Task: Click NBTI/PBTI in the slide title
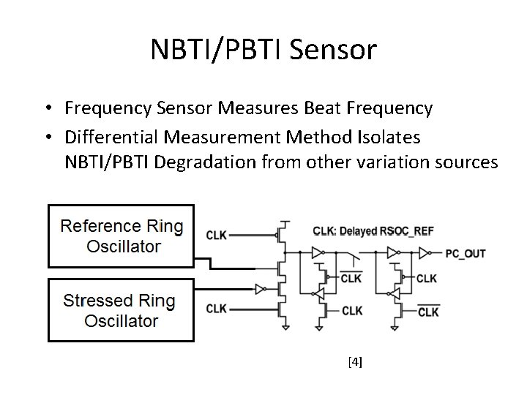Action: click(x=219, y=50)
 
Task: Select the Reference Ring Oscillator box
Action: click(x=121, y=236)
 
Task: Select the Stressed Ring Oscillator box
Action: click(x=121, y=310)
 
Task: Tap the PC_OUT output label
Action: click(x=465, y=254)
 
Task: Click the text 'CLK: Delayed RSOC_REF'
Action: click(x=373, y=231)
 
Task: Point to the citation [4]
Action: click(x=356, y=361)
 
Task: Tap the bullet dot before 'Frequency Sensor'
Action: click(x=46, y=110)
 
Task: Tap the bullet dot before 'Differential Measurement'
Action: click(x=46, y=138)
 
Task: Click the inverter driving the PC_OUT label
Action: click(x=424, y=253)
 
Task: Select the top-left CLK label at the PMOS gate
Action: click(x=217, y=235)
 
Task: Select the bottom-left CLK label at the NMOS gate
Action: click(x=217, y=309)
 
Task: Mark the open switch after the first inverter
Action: click(x=355, y=256)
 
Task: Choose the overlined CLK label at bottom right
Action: click(x=428, y=312)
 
